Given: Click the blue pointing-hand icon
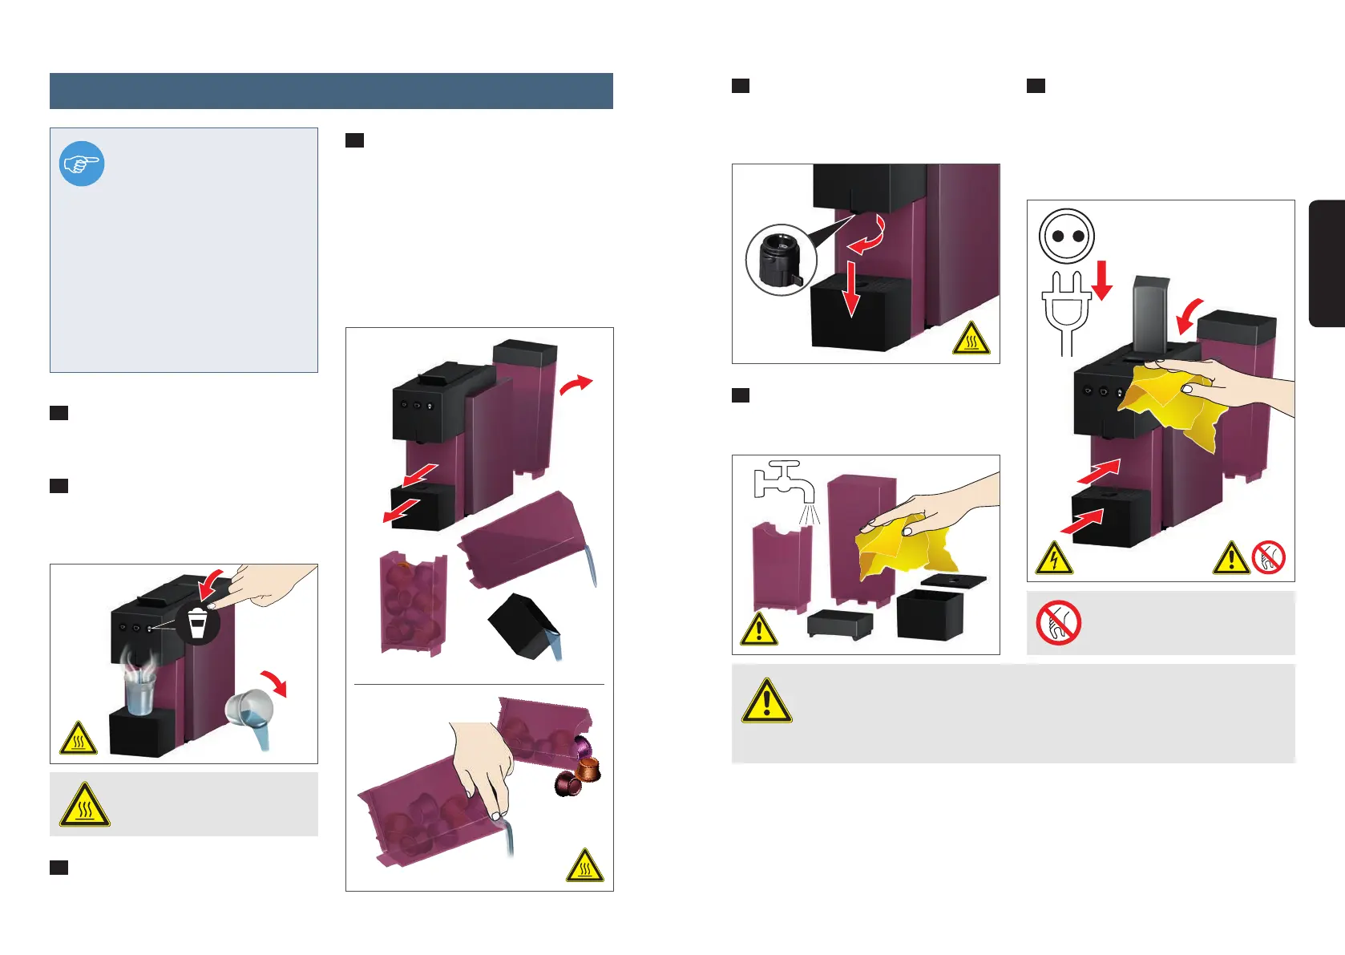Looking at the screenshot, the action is click(x=82, y=164).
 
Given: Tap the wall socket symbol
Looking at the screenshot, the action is click(x=1066, y=237).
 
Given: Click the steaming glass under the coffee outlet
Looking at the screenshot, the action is click(x=140, y=690).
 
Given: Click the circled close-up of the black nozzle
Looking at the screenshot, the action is click(x=781, y=260).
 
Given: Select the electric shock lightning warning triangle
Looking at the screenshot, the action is click(x=1054, y=558).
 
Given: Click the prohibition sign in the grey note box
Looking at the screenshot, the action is click(x=1058, y=623).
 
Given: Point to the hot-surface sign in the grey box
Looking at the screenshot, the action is click(x=84, y=805).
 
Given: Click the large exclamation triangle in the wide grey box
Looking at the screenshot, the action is click(x=766, y=702).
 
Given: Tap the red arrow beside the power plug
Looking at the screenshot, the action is click(x=1103, y=280).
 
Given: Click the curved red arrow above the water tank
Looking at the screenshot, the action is click(x=575, y=386).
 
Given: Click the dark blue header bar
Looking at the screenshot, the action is click(x=331, y=91).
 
